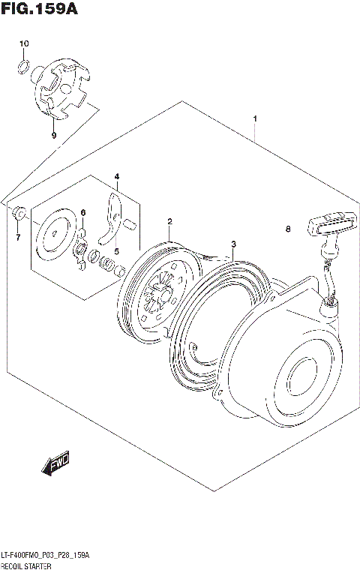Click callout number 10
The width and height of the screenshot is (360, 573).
pyautogui.click(x=24, y=44)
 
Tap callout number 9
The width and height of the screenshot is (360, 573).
pyautogui.click(x=53, y=136)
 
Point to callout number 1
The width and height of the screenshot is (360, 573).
pyautogui.click(x=255, y=118)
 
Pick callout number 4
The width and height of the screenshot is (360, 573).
pyautogui.click(x=117, y=177)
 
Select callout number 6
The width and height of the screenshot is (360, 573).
pyautogui.click(x=83, y=213)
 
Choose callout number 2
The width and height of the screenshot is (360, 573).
pyautogui.click(x=170, y=221)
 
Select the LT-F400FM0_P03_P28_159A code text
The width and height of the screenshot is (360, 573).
pyautogui.click(x=45, y=555)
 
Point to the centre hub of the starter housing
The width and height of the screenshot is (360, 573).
pyautogui.click(x=301, y=375)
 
